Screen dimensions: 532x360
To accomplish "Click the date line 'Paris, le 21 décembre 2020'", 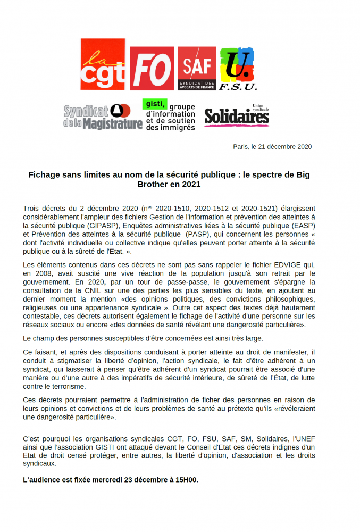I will pos(272,147).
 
